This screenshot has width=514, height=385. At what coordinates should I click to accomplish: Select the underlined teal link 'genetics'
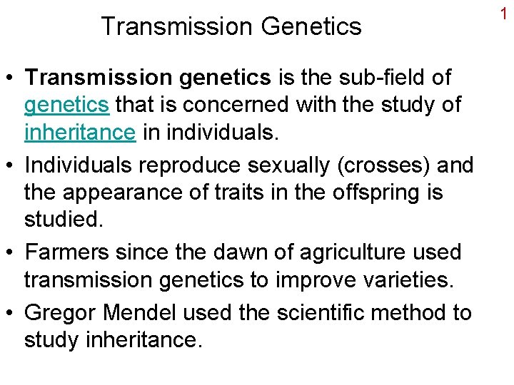coord(66,106)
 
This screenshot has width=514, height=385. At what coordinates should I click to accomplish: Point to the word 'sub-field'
coord(395,77)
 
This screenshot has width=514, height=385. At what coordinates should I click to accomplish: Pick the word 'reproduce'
coord(188,165)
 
